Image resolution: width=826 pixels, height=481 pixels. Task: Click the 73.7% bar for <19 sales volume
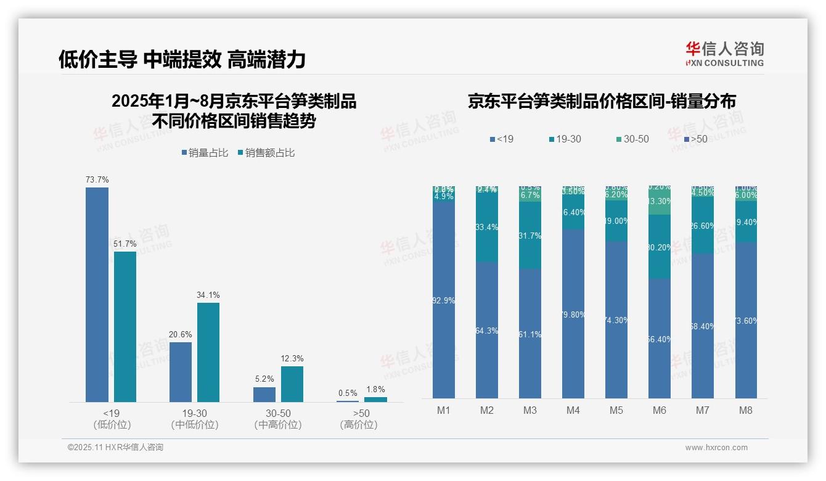coord(97,295)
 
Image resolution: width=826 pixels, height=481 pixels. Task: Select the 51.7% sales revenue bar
coord(125,327)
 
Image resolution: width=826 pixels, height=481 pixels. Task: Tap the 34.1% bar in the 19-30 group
coord(208,352)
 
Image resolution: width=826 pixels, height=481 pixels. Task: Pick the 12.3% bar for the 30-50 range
coord(292,384)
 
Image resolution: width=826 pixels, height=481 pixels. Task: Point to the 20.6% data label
coord(180,334)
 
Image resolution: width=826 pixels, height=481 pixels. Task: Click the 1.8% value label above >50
coord(375,389)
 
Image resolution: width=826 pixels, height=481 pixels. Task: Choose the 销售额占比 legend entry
coord(266,153)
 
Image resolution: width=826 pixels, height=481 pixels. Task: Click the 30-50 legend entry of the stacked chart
coord(632,139)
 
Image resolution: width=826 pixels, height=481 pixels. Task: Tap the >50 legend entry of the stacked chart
coord(696,139)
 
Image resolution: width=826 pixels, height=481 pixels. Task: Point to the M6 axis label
coord(659,410)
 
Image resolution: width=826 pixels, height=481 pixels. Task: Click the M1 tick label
coord(443,410)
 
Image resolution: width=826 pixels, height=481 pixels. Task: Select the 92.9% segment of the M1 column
coord(443,300)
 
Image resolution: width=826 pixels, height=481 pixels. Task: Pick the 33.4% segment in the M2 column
coord(486,227)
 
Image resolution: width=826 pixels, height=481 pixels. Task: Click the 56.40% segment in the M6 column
coord(659,339)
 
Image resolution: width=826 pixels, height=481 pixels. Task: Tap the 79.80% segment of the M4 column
coord(573,314)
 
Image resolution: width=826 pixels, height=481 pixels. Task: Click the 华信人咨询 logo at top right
coord(724,54)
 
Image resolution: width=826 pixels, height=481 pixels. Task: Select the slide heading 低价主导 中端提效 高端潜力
coord(182,59)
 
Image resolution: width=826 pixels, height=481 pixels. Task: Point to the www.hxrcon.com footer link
coord(716,448)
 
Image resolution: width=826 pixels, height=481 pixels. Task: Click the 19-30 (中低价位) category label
coord(195,419)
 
